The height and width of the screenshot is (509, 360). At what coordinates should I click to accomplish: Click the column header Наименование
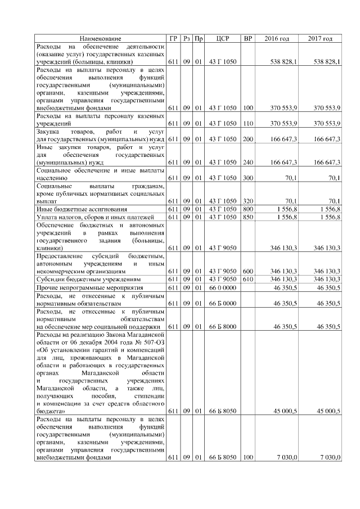coord(100,38)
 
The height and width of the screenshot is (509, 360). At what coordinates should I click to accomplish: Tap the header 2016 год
coord(277,38)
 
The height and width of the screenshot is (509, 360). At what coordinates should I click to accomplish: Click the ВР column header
coord(247,38)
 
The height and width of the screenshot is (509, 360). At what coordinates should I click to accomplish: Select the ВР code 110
coord(247,123)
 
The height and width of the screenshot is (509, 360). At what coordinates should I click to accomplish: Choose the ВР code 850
coord(247,217)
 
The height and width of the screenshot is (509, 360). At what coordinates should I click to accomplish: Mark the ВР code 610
coord(247,279)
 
